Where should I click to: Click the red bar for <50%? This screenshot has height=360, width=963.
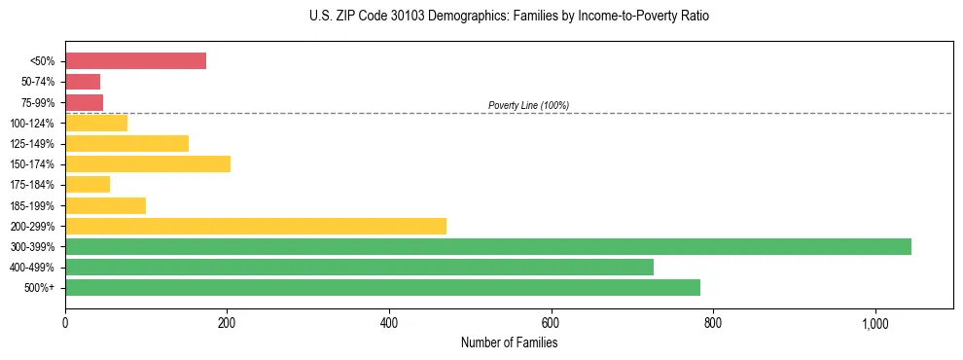(135, 61)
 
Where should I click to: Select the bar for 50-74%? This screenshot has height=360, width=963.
(83, 82)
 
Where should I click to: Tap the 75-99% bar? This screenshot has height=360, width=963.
(84, 102)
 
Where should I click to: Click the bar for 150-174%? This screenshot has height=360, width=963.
(148, 163)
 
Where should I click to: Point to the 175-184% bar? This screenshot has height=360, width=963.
(88, 185)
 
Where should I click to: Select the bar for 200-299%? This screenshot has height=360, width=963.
(256, 226)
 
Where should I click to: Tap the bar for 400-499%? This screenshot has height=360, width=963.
(359, 267)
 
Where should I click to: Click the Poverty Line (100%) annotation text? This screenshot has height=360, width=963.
(528, 105)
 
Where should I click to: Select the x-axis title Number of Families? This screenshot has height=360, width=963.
(509, 342)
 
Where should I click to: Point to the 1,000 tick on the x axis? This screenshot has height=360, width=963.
(874, 323)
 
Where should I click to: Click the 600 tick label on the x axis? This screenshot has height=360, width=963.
(551, 323)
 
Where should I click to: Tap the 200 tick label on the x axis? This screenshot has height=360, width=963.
(227, 323)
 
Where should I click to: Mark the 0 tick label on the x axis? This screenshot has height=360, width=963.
(65, 323)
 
